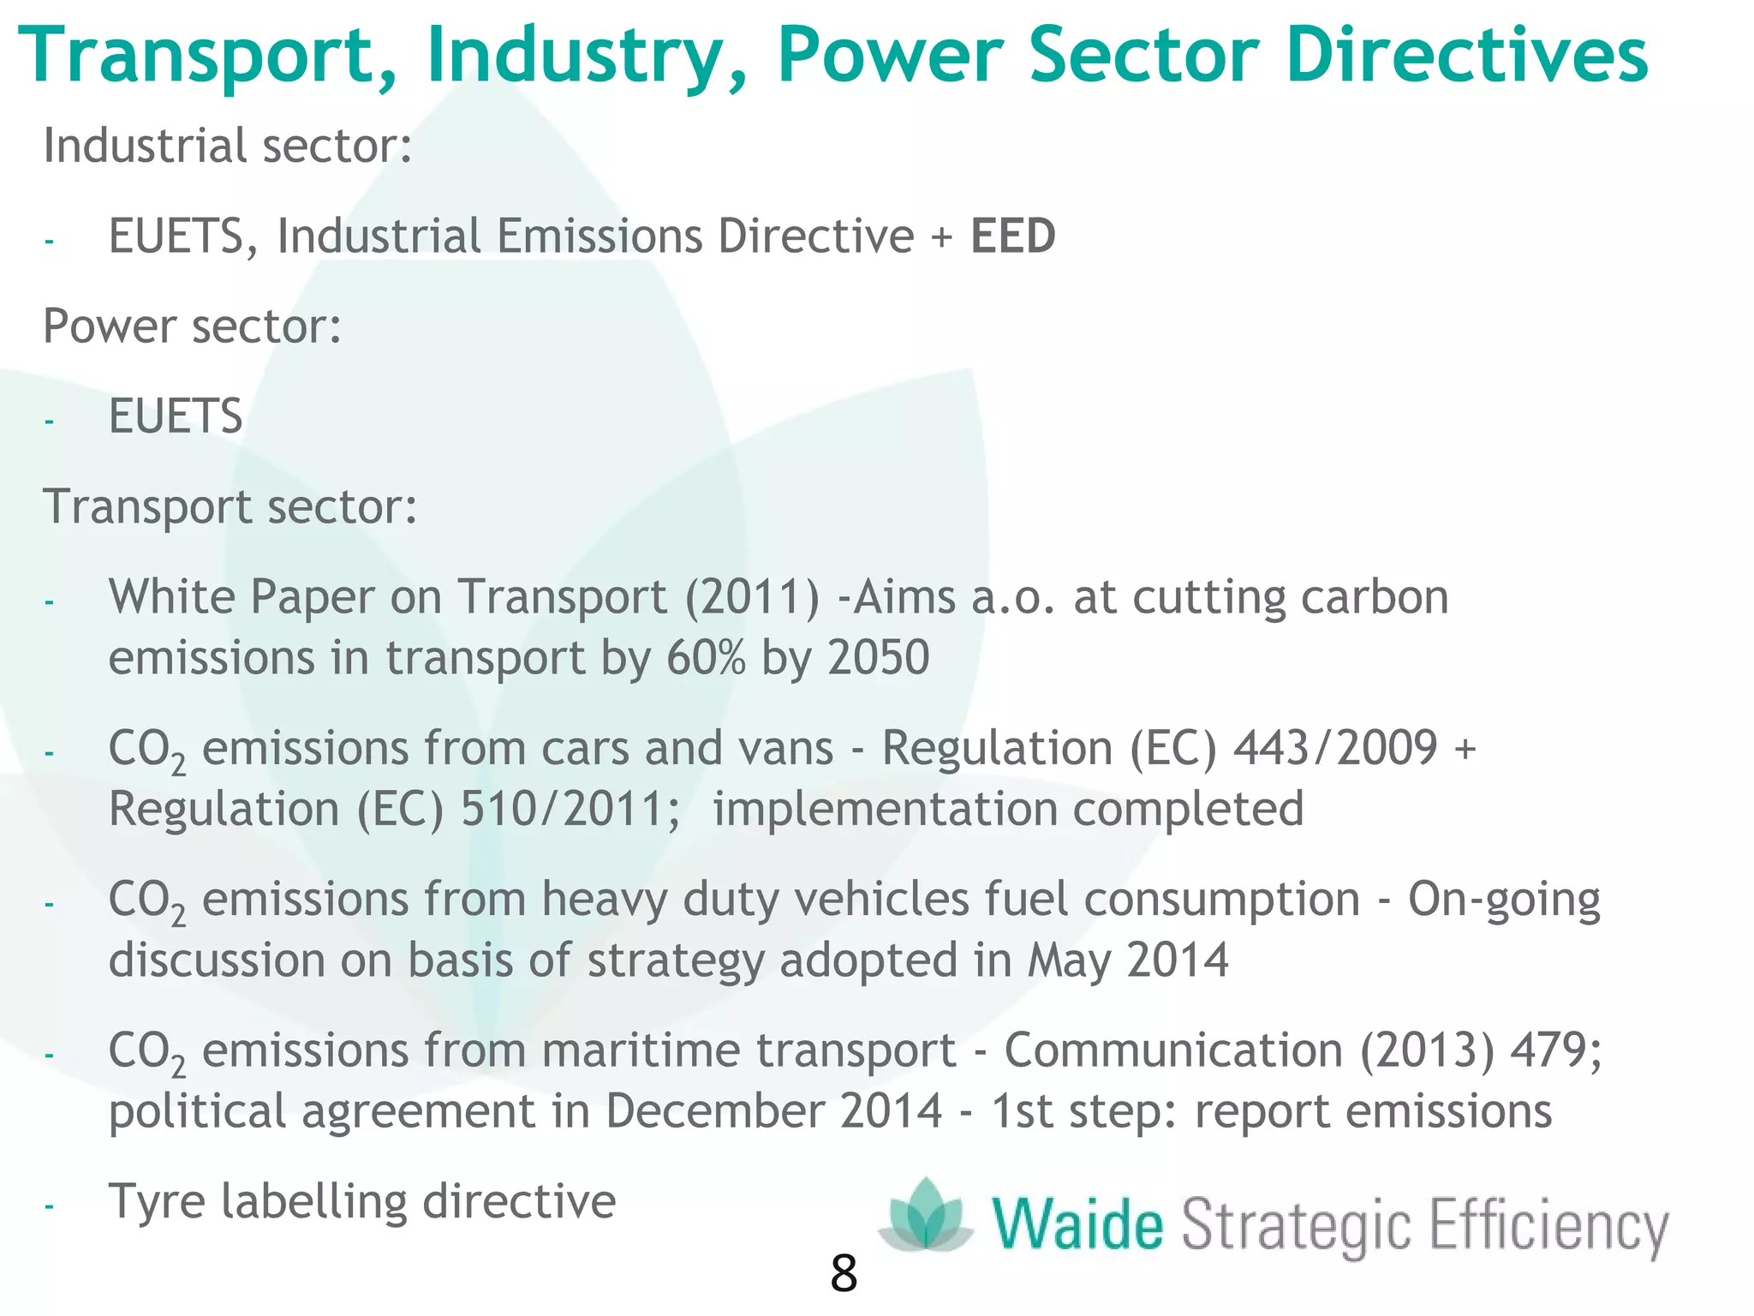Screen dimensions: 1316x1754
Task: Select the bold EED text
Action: tap(1012, 236)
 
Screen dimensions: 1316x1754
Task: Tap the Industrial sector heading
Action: tap(228, 146)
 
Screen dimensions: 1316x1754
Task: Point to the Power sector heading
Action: tap(192, 326)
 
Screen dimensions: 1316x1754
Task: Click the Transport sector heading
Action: tap(230, 507)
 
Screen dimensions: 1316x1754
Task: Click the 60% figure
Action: tap(706, 658)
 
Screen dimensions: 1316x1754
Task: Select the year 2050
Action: tap(879, 658)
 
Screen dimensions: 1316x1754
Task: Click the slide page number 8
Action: tap(843, 1274)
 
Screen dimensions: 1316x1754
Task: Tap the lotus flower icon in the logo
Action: tap(926, 1217)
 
